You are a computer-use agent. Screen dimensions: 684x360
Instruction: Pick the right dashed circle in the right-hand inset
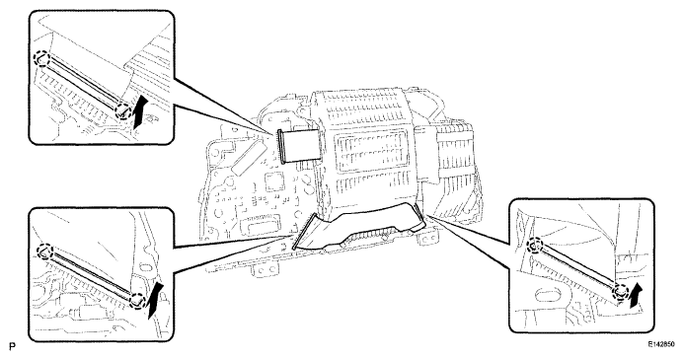point(621,290)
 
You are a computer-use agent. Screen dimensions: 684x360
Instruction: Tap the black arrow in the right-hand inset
point(635,292)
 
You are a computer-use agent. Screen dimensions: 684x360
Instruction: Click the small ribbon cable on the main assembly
point(296,145)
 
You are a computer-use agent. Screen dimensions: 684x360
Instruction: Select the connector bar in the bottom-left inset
point(89,272)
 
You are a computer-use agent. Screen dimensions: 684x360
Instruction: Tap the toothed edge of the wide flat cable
point(375,247)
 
